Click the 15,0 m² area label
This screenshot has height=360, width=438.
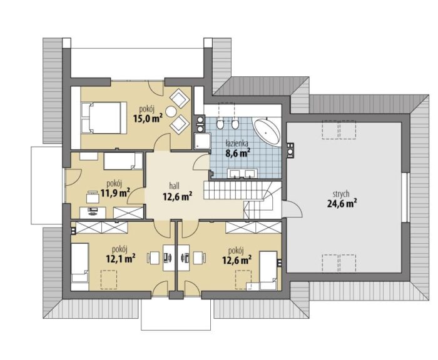[x=148, y=119]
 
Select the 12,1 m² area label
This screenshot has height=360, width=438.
[x=121, y=258]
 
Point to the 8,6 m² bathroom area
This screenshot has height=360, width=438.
[x=237, y=152]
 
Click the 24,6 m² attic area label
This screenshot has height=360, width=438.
[x=342, y=203]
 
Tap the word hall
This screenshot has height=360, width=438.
[x=175, y=186]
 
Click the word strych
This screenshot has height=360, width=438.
[x=341, y=194]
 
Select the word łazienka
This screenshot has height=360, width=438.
[x=237, y=144]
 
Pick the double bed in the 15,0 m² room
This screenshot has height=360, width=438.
[x=104, y=117]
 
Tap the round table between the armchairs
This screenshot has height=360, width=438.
[x=170, y=112]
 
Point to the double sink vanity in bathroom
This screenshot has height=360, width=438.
[x=242, y=173]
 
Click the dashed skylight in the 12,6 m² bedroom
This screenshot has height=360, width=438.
[x=243, y=279]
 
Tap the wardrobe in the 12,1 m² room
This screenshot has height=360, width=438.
[x=101, y=227]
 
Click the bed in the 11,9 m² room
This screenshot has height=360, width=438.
[x=123, y=161]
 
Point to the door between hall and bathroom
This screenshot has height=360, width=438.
[x=201, y=161]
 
